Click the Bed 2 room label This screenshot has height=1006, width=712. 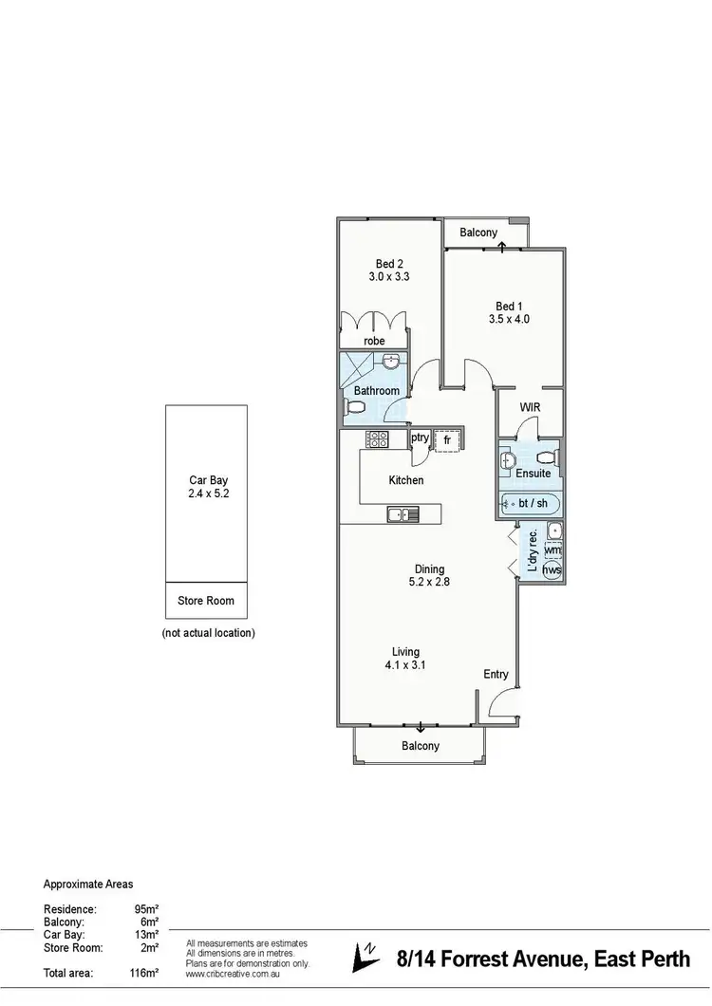[387, 264]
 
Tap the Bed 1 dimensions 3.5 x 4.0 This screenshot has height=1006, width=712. [509, 320]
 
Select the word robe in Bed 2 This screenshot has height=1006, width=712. [374, 341]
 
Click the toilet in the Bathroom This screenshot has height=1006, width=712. [355, 406]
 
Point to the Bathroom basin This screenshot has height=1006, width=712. [391, 362]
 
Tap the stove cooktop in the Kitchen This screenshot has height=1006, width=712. [377, 438]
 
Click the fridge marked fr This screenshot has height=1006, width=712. [447, 440]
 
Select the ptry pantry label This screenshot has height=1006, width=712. [420, 438]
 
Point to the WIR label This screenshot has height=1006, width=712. [531, 407]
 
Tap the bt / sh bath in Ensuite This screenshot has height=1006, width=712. [531, 503]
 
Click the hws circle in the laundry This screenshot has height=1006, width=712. [552, 569]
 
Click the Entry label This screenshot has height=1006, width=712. [497, 675]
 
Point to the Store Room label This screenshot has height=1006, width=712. [206, 601]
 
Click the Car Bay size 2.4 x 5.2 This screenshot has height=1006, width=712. [206, 494]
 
